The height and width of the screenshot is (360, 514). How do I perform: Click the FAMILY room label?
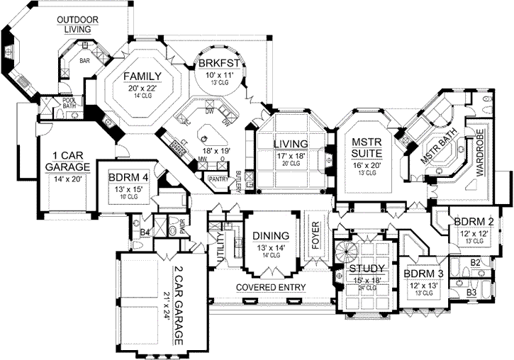coord(140,76)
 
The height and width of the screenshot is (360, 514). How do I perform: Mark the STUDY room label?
coord(366,269)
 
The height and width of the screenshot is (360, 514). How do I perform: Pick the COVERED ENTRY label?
coord(271,288)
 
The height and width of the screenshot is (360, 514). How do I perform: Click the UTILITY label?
coord(220,249)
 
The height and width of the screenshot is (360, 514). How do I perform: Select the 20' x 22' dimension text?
coord(140,88)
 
